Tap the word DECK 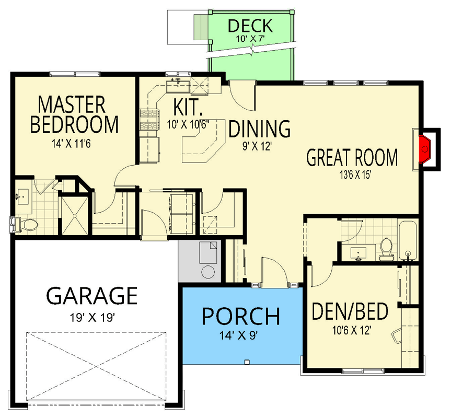click(x=250, y=25)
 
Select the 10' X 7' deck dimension click(x=250, y=38)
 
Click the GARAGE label click(x=91, y=296)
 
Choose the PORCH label click(x=241, y=316)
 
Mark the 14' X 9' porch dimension click(x=241, y=335)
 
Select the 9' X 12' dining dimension click(x=259, y=147)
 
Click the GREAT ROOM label click(x=352, y=157)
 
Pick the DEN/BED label click(x=350, y=312)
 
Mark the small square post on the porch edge click(x=247, y=361)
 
